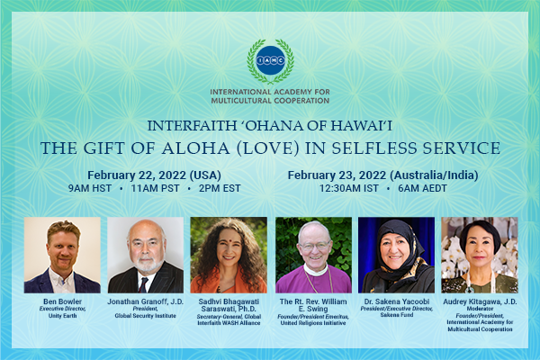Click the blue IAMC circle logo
(270, 60)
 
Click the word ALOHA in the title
(195, 148)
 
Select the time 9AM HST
(89, 188)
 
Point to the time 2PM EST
(220, 188)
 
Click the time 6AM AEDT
(422, 188)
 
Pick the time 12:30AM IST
(348, 188)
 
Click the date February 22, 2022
(137, 175)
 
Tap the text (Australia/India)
(436, 175)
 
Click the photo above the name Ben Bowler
(62, 255)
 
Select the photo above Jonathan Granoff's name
(145, 255)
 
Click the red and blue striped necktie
(143, 284)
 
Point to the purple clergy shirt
(313, 281)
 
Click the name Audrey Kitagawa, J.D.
(480, 301)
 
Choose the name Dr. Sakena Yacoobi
(397, 301)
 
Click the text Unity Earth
(62, 316)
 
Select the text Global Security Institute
(145, 316)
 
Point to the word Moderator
(480, 309)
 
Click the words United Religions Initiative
(313, 323)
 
